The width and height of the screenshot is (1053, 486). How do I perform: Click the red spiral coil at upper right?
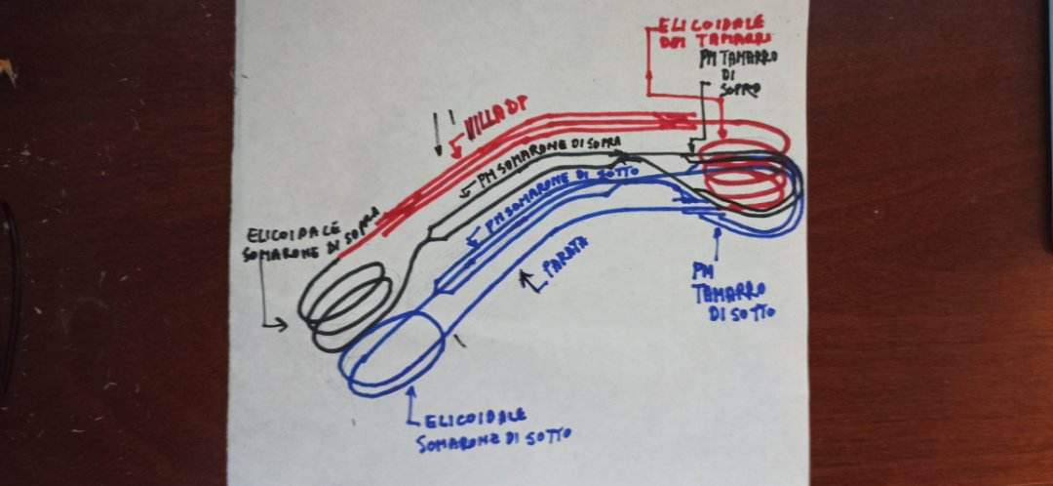point(743,170)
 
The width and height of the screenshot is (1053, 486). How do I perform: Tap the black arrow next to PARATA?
point(529,284)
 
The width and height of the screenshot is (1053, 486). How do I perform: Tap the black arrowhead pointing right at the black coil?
point(282,324)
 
